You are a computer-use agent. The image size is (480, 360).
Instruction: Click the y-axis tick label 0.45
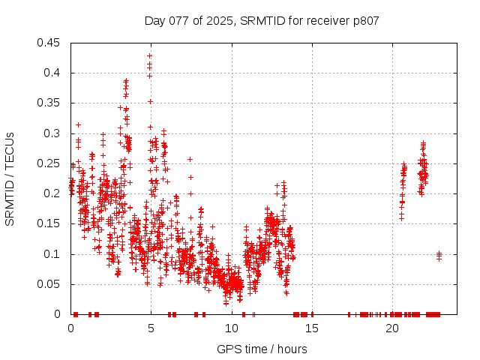[50, 43]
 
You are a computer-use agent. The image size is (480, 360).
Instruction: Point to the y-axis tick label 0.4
[53, 73]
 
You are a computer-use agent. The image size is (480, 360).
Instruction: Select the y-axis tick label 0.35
[50, 103]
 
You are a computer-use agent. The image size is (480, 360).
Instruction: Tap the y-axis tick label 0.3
[53, 133]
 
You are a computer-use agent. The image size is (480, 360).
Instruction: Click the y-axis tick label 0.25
[50, 163]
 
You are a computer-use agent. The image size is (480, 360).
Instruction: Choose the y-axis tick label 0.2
[53, 193]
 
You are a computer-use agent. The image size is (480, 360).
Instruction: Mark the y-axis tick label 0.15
[50, 223]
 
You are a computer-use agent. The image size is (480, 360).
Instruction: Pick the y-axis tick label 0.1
[53, 254]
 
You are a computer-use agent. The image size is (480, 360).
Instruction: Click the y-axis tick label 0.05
[50, 284]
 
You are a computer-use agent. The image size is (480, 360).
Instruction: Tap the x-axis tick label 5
[151, 328]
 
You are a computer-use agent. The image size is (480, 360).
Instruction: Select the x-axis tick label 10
[232, 328]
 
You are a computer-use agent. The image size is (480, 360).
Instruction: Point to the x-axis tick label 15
[312, 328]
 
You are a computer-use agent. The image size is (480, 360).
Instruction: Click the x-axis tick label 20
[392, 328]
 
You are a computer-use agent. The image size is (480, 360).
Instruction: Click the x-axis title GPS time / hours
[262, 349]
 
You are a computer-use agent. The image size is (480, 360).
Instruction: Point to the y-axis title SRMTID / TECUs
[10, 178]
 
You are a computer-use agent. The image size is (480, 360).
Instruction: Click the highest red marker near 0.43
[150, 55]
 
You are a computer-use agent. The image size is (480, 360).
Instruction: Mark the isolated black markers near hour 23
[439, 255]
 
